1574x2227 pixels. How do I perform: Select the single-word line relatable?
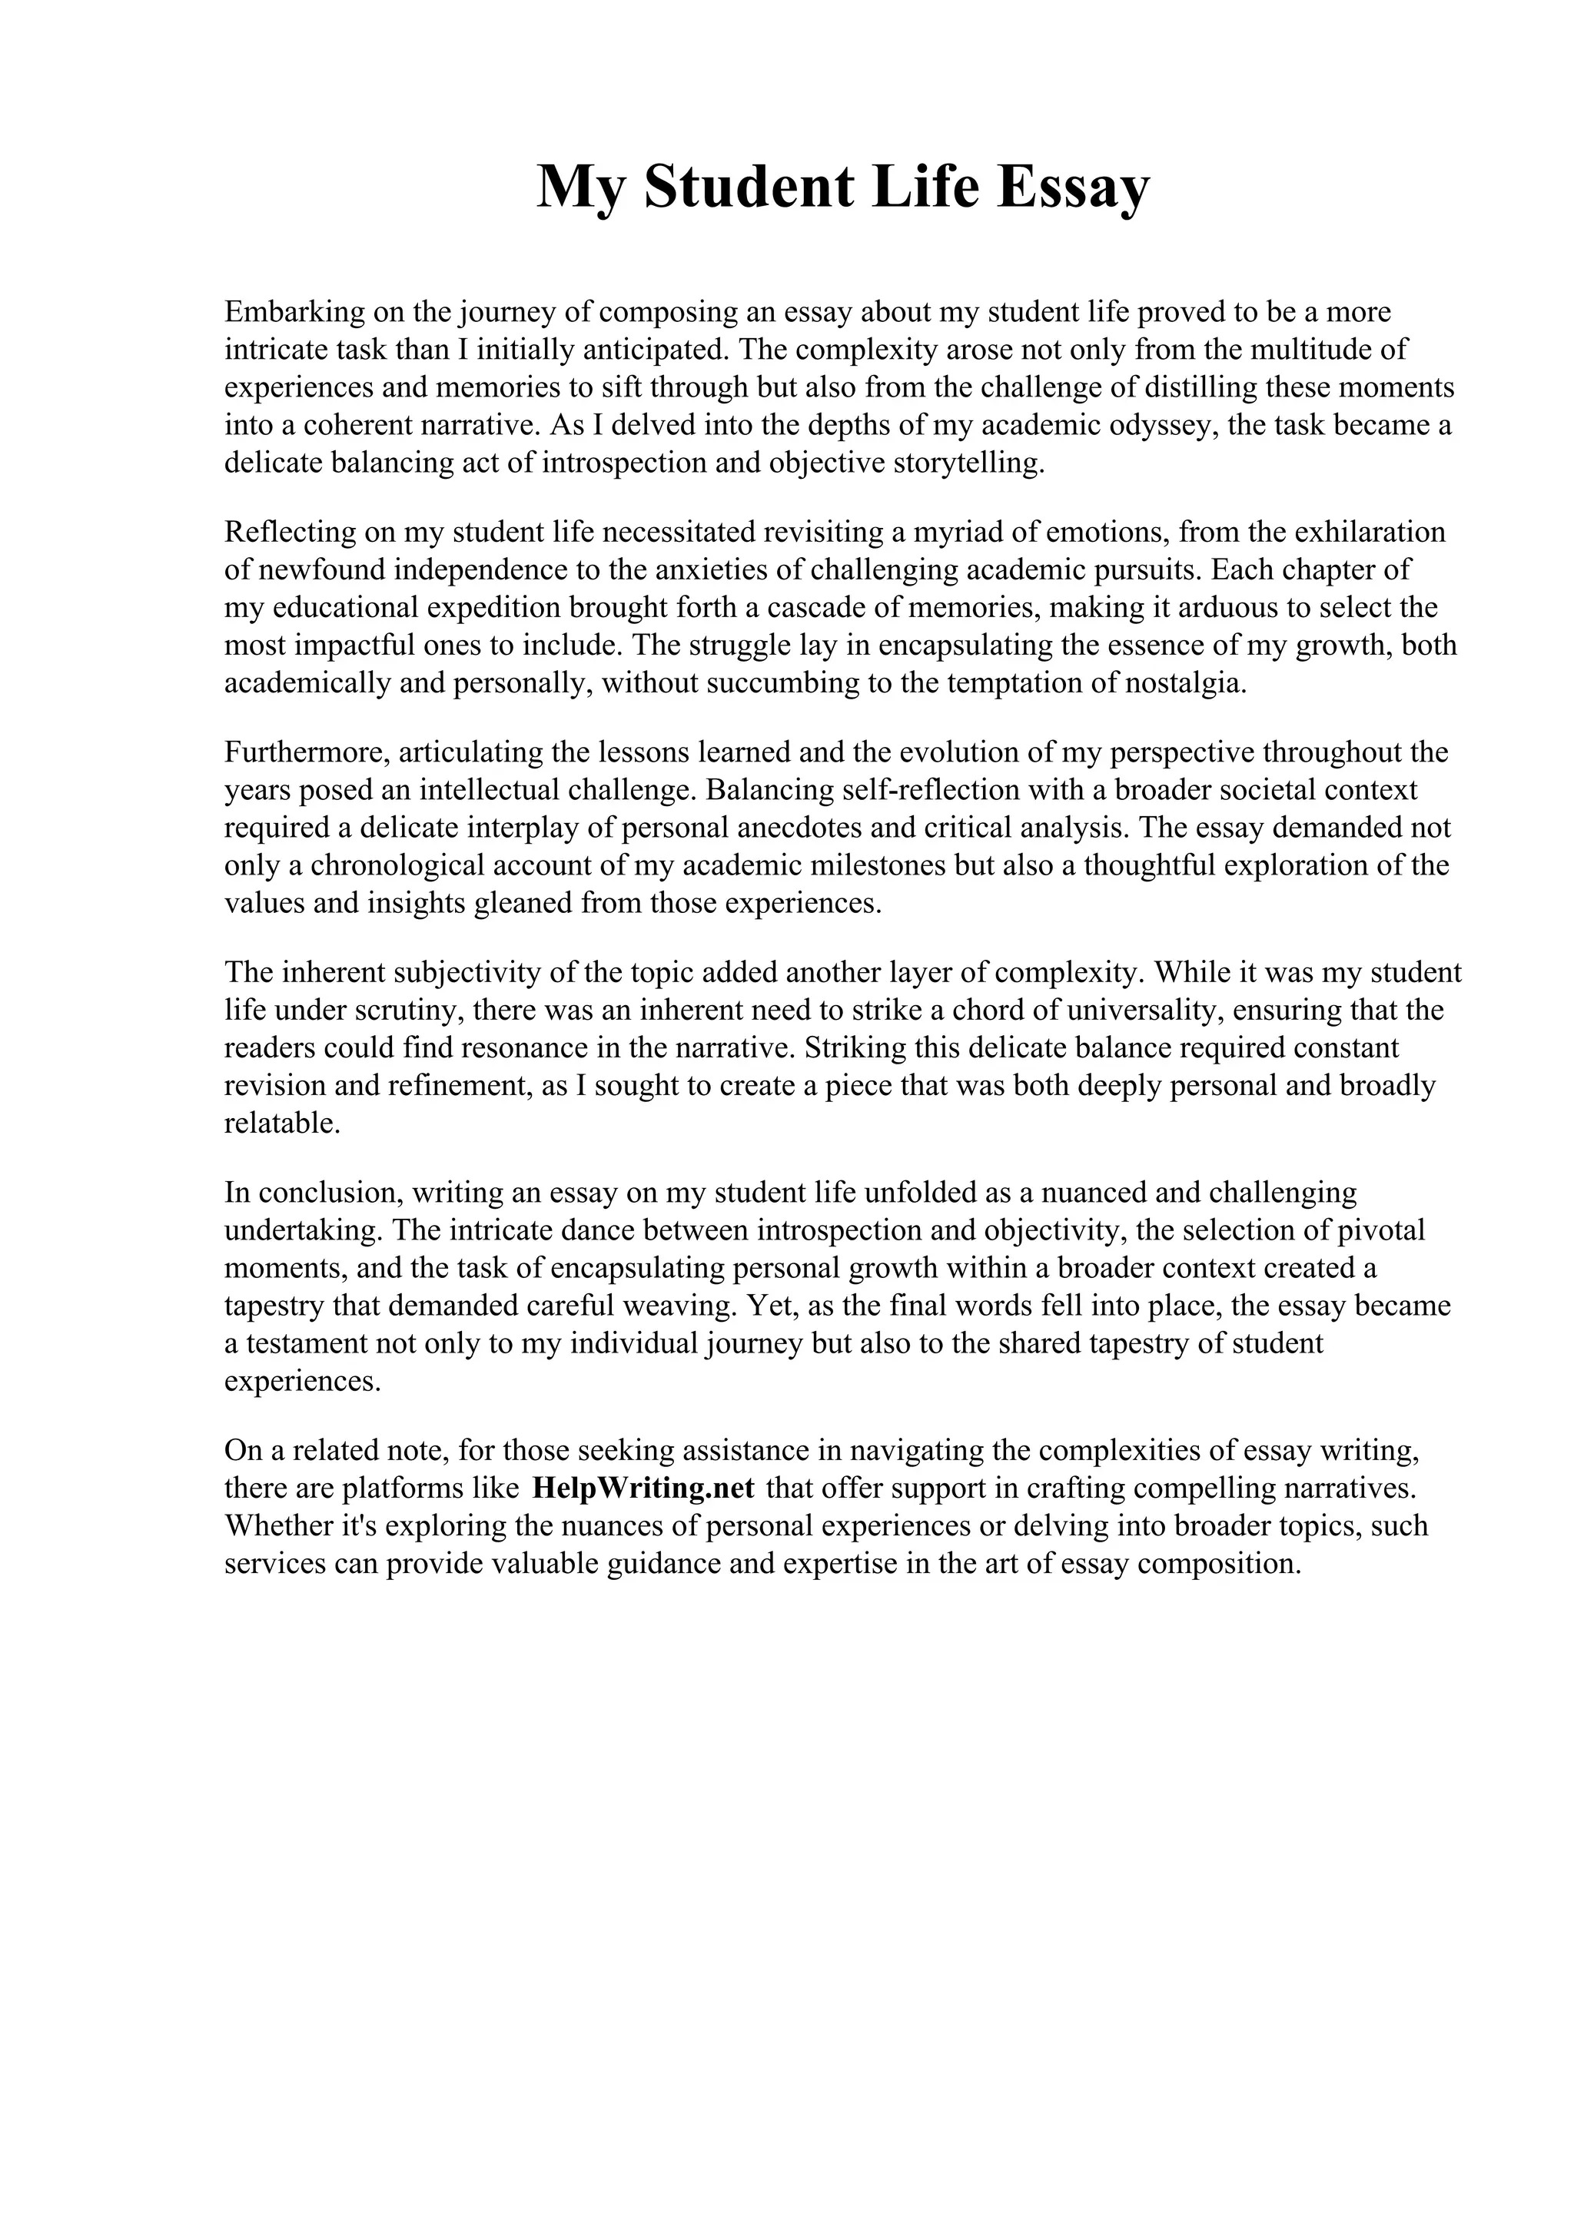coord(282,1123)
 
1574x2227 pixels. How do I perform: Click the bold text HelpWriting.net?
coord(643,1488)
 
